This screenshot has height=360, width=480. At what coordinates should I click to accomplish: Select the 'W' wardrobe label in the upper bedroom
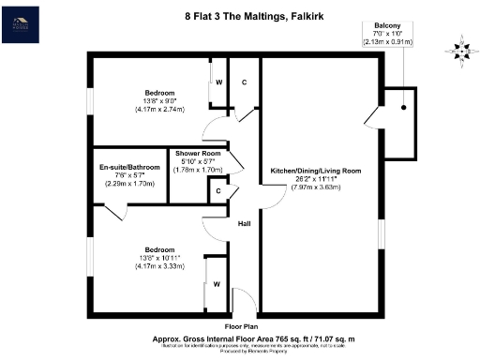click(217, 82)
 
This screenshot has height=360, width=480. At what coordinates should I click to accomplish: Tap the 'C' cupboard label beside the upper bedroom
click(244, 82)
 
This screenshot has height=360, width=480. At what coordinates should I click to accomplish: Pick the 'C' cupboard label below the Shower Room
click(217, 192)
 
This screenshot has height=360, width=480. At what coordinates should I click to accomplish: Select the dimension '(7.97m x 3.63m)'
click(315, 187)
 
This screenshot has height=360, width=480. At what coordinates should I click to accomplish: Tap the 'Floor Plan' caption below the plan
click(241, 327)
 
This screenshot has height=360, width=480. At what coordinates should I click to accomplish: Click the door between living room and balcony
click(377, 116)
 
